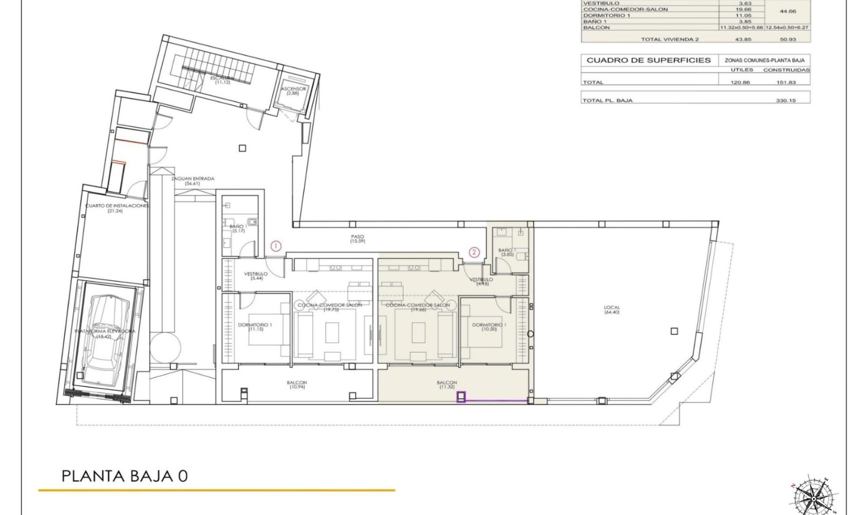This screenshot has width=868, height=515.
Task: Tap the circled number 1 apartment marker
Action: tap(276, 246)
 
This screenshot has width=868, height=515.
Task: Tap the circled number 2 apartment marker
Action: tap(474, 252)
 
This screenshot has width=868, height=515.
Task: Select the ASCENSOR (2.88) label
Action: tap(293, 91)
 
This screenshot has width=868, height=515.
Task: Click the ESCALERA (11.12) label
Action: tap(222, 80)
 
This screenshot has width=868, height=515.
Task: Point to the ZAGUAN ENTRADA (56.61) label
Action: tap(193, 181)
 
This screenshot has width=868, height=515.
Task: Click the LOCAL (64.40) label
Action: tap(612, 309)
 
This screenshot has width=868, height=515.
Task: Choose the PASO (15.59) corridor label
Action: tap(357, 239)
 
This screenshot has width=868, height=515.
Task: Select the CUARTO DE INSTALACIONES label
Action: tap(116, 208)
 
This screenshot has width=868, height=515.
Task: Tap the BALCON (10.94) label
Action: tap(297, 384)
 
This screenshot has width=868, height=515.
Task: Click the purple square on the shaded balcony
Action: tap(461, 397)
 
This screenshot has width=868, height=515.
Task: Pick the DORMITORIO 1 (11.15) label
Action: tap(255, 327)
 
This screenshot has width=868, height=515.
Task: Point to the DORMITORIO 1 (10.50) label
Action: tap(489, 327)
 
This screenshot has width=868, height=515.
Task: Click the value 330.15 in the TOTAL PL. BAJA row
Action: tap(786, 100)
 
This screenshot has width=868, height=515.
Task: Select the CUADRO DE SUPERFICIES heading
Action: tap(648, 60)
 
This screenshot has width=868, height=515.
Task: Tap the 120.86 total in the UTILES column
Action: tap(740, 82)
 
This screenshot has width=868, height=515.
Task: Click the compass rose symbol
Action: tap(813, 497)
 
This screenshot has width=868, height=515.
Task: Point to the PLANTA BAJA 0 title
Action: tap(124, 476)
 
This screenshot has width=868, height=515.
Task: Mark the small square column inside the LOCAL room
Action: tap(674, 331)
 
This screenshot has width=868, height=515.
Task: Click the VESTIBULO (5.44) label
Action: tap(256, 276)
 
